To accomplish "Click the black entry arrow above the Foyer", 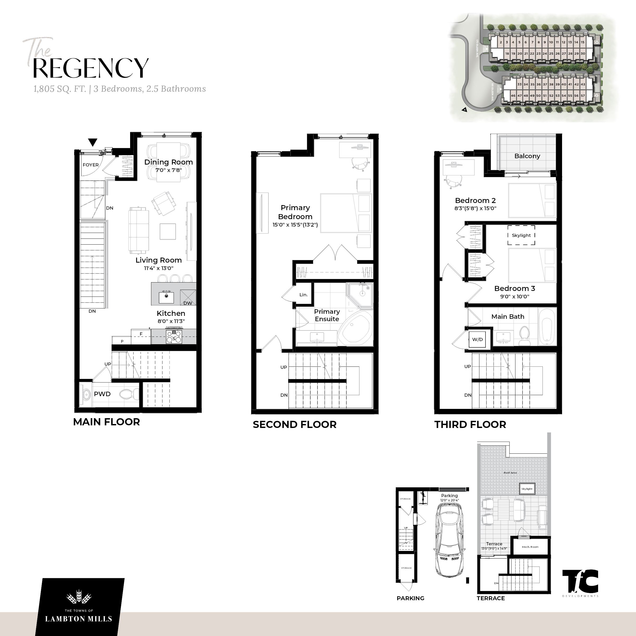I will pyautogui.click(x=93, y=142).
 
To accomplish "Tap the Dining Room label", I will pyautogui.click(x=168, y=162).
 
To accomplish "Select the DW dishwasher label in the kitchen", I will pyautogui.click(x=188, y=303).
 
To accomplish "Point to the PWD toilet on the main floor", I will pyautogui.click(x=130, y=394).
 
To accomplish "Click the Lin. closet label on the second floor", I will pyautogui.click(x=303, y=295).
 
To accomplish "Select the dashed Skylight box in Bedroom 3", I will pyautogui.click(x=521, y=235).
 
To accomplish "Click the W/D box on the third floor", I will pyautogui.click(x=477, y=339).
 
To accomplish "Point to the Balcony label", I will pyautogui.click(x=527, y=156).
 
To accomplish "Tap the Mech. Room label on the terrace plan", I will pyautogui.click(x=530, y=547).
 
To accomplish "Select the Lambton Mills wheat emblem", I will pyautogui.click(x=79, y=596).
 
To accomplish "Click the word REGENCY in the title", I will pyautogui.click(x=91, y=68).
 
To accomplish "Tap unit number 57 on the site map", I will pyautogui.click(x=583, y=95).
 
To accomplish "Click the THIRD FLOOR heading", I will pyautogui.click(x=470, y=425).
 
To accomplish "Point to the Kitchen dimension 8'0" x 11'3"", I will pyautogui.click(x=171, y=321).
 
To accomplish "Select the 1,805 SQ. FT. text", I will pyautogui.click(x=60, y=89).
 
